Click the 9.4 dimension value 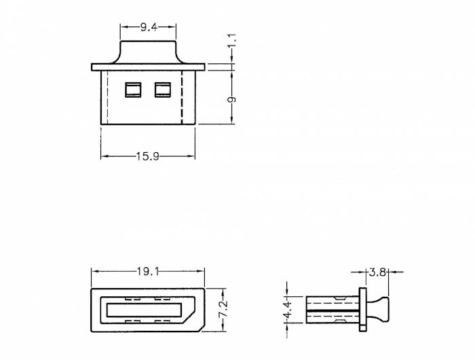pos(149,27)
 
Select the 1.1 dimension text pos(232,41)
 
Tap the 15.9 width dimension pos(147,156)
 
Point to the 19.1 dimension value pos(148,272)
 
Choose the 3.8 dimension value pos(377,272)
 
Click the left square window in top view pos(132,90)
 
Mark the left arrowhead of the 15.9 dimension pos(103,156)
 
